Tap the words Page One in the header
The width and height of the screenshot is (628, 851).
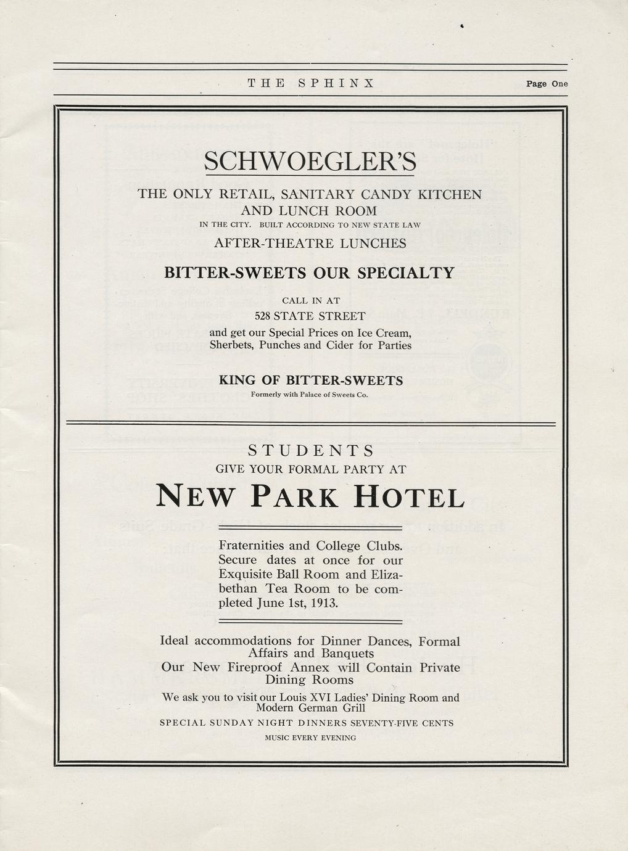[x=547, y=84]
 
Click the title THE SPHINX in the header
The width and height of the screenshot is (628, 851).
[x=311, y=83]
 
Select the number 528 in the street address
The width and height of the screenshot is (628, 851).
[x=263, y=316]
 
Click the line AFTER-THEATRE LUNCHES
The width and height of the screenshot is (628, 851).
[x=310, y=244]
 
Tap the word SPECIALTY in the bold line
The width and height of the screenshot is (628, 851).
[x=406, y=273]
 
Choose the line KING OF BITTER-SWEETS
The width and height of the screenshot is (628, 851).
[x=310, y=380]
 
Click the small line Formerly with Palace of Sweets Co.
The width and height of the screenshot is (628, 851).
[x=310, y=395]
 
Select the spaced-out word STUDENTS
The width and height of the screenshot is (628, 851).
[x=310, y=450]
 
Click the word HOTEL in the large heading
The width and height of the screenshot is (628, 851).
[x=408, y=497]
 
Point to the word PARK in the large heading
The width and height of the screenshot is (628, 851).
[x=294, y=497]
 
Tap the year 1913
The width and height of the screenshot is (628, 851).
[x=324, y=602]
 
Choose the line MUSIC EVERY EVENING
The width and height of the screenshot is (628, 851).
[x=310, y=738]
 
